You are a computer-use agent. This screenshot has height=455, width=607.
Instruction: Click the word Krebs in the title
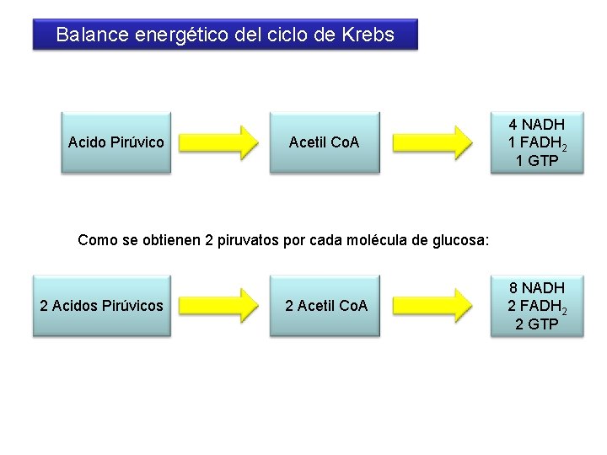[368, 35]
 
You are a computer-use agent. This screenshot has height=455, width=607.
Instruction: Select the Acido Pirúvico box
[115, 142]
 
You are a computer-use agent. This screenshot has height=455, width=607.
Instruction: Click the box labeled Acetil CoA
[324, 142]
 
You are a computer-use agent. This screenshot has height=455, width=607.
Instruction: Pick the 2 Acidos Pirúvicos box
[101, 306]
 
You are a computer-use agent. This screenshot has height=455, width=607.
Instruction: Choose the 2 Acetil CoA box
[326, 306]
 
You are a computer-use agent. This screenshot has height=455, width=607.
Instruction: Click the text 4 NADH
[536, 125]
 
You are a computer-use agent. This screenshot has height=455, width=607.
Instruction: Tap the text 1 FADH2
[536, 142]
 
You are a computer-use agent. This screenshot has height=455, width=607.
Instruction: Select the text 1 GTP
[536, 161]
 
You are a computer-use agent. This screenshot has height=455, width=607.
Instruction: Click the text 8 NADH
[536, 288]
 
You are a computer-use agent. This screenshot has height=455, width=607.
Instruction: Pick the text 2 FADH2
[536, 306]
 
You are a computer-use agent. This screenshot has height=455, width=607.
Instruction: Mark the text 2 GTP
[536, 324]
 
